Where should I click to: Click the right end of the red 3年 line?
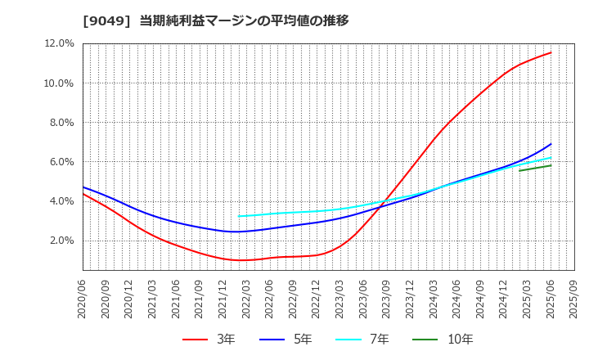551,52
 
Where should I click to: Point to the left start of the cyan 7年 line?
239,217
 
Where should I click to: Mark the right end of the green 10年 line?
551,165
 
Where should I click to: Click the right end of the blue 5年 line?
551,144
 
